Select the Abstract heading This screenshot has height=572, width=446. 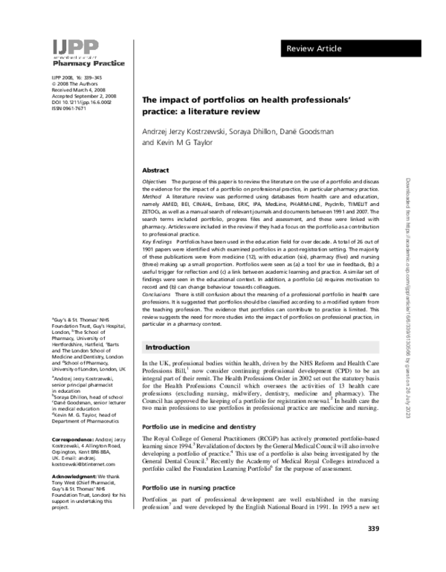click(155, 170)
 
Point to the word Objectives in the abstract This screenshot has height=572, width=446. click(154, 182)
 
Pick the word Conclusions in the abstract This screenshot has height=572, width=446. click(156, 295)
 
